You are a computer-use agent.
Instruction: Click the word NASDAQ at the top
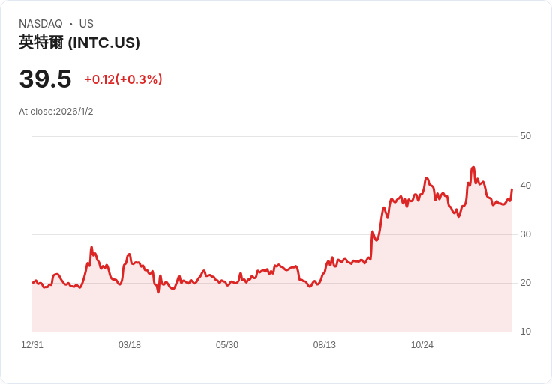tap(40, 24)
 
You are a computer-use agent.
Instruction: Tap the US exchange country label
tap(86, 24)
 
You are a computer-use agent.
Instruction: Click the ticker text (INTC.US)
tap(103, 43)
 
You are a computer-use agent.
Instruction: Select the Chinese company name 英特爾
tap(41, 43)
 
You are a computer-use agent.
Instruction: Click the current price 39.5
tap(46, 79)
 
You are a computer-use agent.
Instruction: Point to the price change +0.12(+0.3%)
tap(123, 79)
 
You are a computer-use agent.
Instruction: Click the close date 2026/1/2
tap(74, 112)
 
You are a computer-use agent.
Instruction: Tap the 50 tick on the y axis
tap(525, 136)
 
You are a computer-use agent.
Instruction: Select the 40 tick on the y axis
tap(525, 186)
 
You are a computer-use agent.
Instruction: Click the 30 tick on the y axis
tap(525, 234)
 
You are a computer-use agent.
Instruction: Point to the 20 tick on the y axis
tap(525, 282)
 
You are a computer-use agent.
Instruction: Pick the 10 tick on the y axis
tap(525, 331)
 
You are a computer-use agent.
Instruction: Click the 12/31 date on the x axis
tap(32, 345)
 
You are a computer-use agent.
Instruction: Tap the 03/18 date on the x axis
tap(130, 345)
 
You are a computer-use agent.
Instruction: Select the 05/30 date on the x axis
tap(227, 345)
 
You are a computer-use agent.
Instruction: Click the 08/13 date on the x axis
tap(325, 345)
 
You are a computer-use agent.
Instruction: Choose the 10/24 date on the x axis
tap(422, 345)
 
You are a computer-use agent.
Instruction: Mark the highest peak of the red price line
tap(472, 167)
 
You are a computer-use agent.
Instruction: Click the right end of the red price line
tap(511, 189)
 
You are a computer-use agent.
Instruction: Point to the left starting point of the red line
tap(33, 282)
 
